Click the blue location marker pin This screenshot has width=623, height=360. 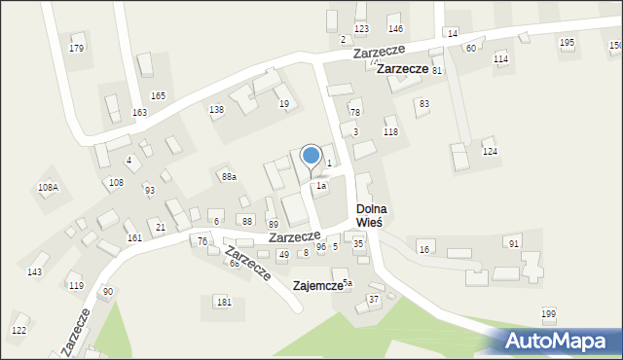(x=311, y=157)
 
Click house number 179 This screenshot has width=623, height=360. (x=77, y=48)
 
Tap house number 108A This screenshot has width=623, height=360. (x=48, y=186)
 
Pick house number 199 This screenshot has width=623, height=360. (x=549, y=313)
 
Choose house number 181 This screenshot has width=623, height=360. (x=225, y=303)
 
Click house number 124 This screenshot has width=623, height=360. (x=491, y=152)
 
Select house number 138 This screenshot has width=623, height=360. (x=216, y=110)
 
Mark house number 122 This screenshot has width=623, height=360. (x=18, y=331)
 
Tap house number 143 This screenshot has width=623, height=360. (x=34, y=271)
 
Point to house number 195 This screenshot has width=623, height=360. (x=567, y=43)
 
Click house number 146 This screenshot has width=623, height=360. (x=395, y=29)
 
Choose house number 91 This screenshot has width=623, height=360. (x=514, y=242)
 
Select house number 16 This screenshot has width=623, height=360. (x=423, y=250)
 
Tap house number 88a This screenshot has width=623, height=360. (x=229, y=176)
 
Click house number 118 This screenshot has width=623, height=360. (x=390, y=131)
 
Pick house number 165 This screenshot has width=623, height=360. (x=158, y=95)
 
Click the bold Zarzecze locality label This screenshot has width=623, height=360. (x=403, y=69)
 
